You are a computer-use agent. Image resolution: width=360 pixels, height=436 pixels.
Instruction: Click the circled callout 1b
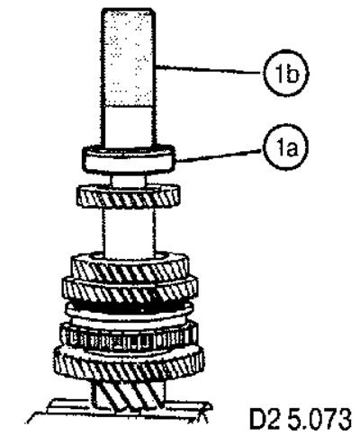click(x=286, y=74)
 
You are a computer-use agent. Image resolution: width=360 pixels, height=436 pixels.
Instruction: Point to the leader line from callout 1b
click(x=210, y=69)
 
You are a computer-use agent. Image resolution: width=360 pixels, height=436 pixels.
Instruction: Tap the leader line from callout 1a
click(x=219, y=156)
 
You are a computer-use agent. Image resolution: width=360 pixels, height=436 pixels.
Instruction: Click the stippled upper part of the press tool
click(x=129, y=57)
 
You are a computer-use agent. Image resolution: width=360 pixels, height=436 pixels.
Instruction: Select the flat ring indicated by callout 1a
click(x=129, y=159)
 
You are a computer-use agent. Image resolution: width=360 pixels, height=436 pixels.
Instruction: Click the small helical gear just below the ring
click(x=129, y=196)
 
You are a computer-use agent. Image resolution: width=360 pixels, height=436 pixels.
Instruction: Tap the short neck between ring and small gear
click(x=129, y=180)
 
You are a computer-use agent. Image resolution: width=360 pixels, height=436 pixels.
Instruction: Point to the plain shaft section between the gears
click(x=129, y=230)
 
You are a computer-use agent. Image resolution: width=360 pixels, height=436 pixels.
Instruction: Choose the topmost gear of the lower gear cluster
click(x=130, y=267)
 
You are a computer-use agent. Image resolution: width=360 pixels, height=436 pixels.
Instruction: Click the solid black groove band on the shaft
click(x=129, y=309)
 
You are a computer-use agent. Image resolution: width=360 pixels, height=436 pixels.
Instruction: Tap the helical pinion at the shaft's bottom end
click(x=129, y=394)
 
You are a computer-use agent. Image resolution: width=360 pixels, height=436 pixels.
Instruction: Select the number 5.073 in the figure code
click(x=319, y=418)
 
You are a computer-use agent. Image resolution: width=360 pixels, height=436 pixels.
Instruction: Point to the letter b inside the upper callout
click(x=292, y=74)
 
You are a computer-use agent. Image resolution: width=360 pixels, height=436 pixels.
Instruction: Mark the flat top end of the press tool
click(x=129, y=10)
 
